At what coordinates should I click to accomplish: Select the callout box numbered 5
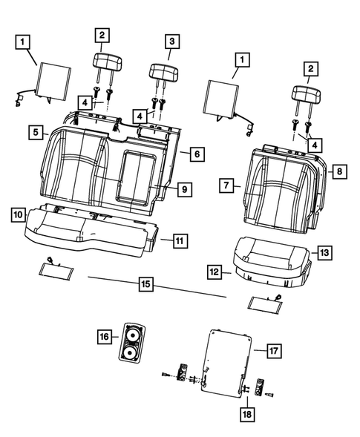point(35,132)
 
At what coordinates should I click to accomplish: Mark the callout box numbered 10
point(17,214)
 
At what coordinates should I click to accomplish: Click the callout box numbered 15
point(145,283)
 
